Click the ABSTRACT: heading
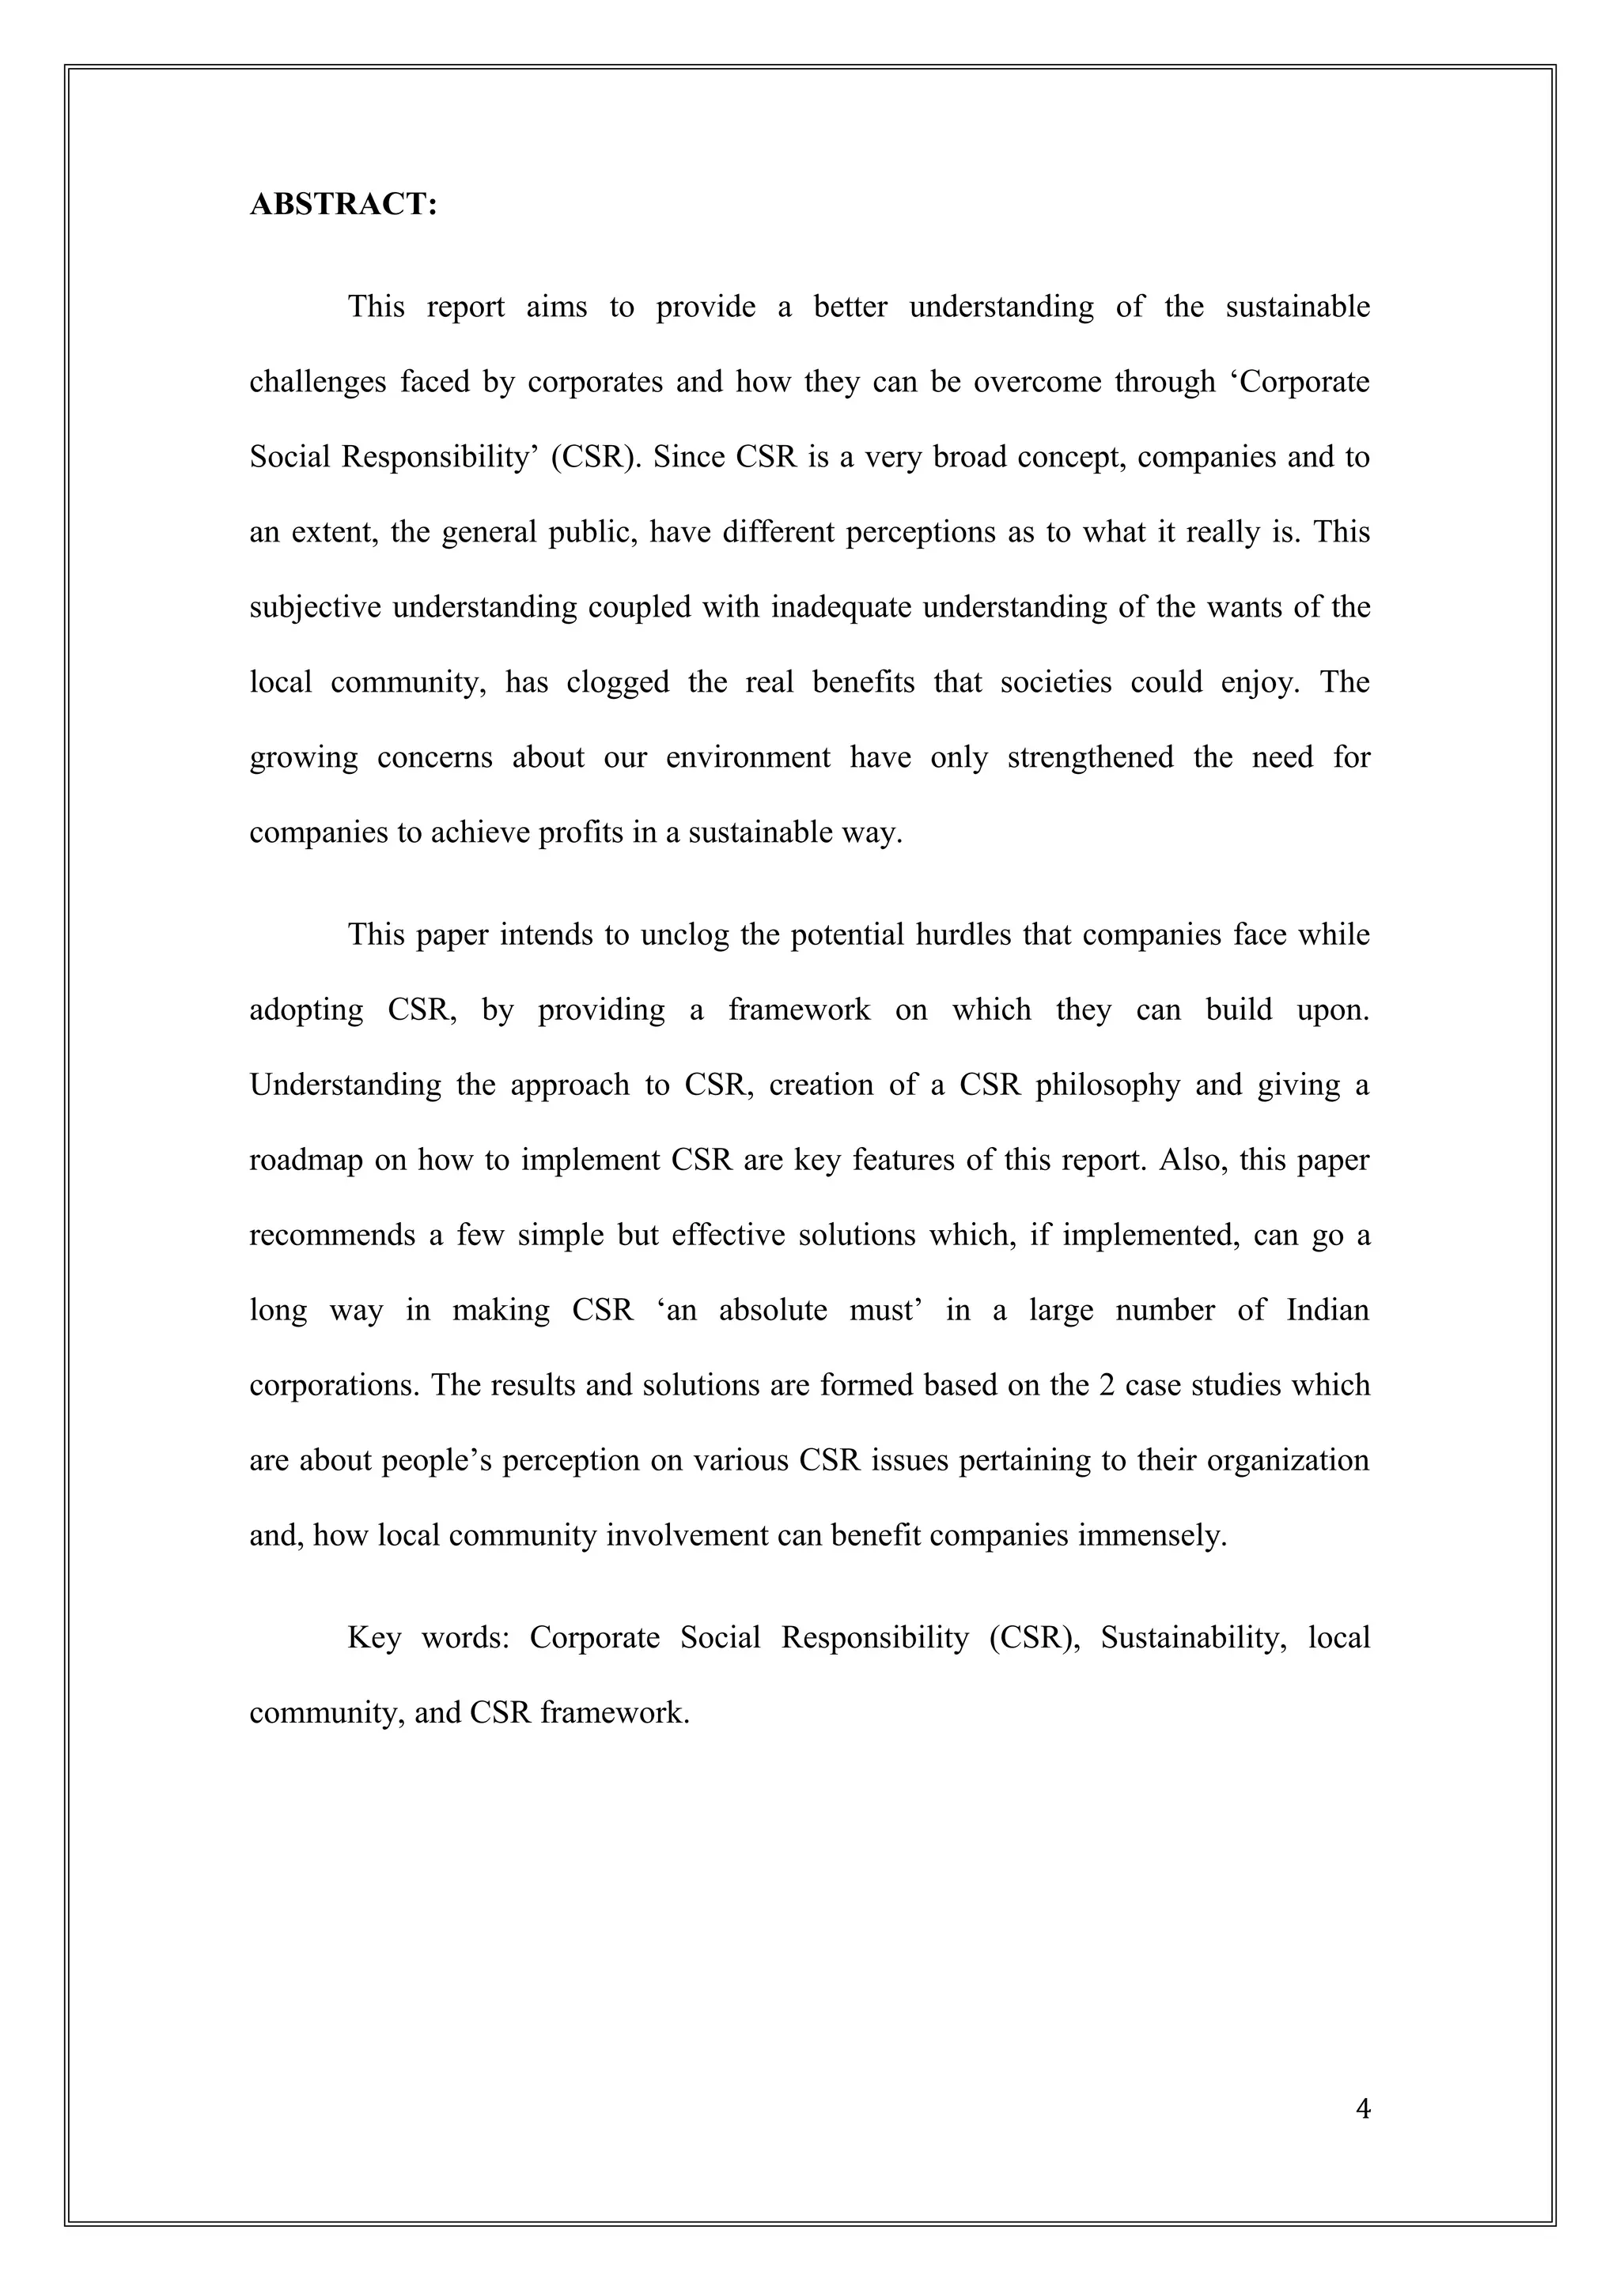(343, 205)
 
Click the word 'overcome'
(1033, 382)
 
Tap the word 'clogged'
(618, 682)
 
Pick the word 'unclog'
(683, 935)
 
